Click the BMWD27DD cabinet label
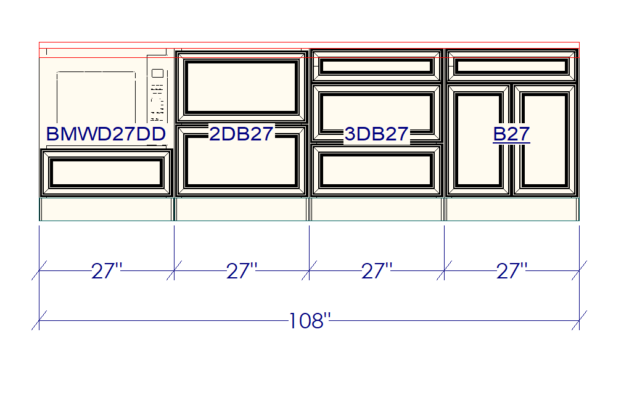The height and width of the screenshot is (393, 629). pos(106,134)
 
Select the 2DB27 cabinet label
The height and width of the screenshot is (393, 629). pos(241,134)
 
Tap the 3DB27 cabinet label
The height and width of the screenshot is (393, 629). pos(376,134)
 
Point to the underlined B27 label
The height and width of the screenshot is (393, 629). pos(511,134)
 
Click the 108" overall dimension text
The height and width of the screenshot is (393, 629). pos(310,321)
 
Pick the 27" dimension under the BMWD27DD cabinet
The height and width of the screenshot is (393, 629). pos(106,271)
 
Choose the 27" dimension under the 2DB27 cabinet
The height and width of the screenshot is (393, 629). pos(242,271)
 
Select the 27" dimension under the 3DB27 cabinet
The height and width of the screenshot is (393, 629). pos(377,271)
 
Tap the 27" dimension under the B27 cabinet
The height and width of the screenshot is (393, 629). pos(512,271)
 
